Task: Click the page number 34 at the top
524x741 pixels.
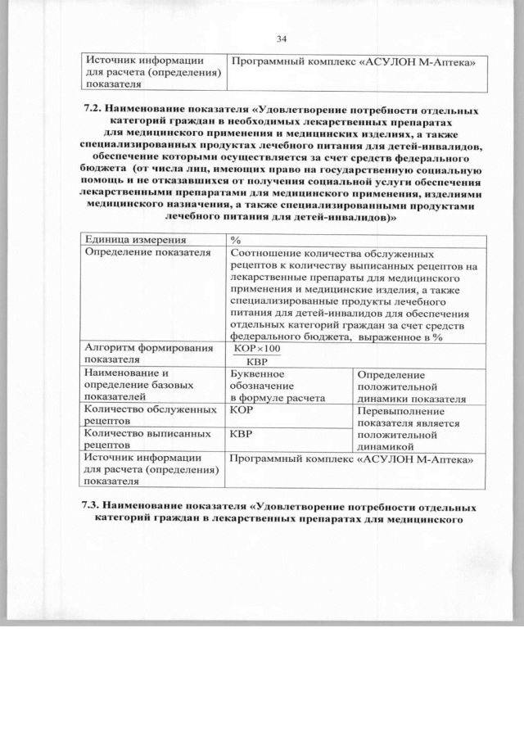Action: tap(282, 39)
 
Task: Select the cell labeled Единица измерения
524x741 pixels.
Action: tap(132, 240)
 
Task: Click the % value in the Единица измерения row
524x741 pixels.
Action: tap(235, 240)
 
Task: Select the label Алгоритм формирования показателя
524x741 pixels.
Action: tap(143, 353)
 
